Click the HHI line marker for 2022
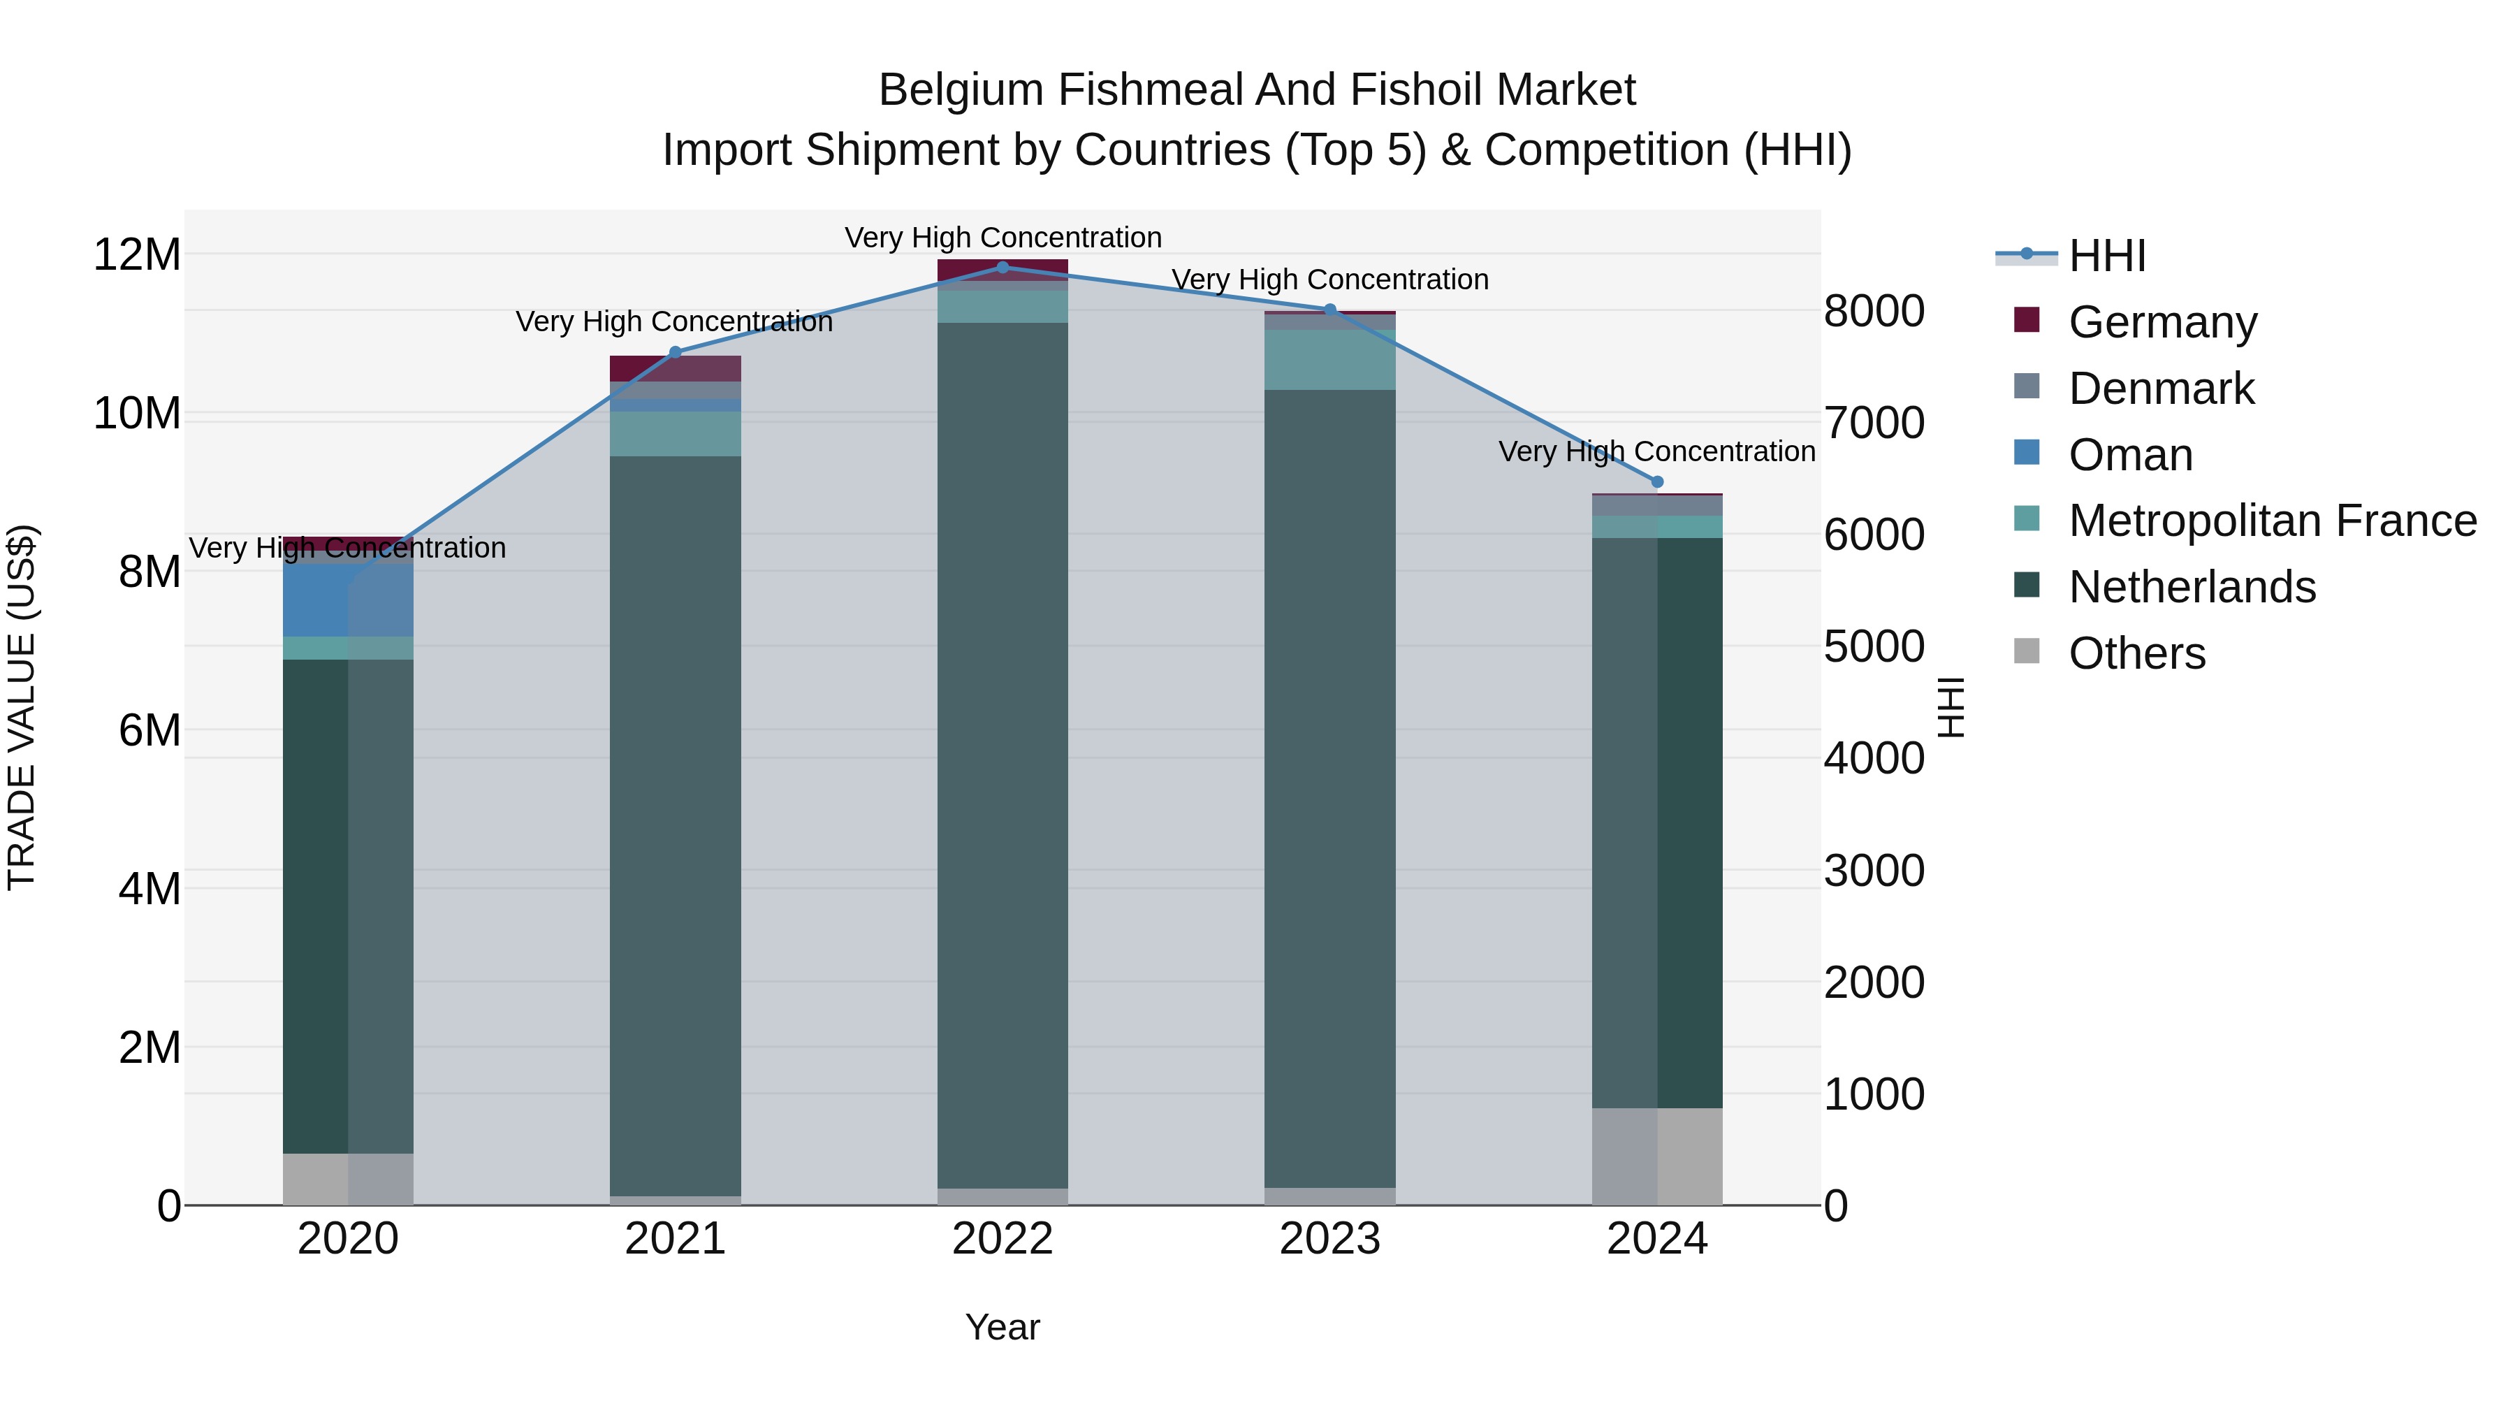click(1003, 268)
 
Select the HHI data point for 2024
click(1657, 482)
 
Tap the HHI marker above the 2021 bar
click(675, 353)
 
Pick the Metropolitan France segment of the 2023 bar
click(1329, 361)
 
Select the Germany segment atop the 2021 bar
click(675, 368)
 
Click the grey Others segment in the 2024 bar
click(1657, 1156)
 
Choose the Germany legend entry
click(2162, 322)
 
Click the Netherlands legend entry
click(2192, 587)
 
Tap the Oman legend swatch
click(2027, 453)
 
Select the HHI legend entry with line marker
click(2107, 256)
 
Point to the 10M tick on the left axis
click(137, 414)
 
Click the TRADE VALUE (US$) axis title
click(22, 707)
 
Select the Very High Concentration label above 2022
click(1003, 238)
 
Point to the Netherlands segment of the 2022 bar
click(1003, 752)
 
